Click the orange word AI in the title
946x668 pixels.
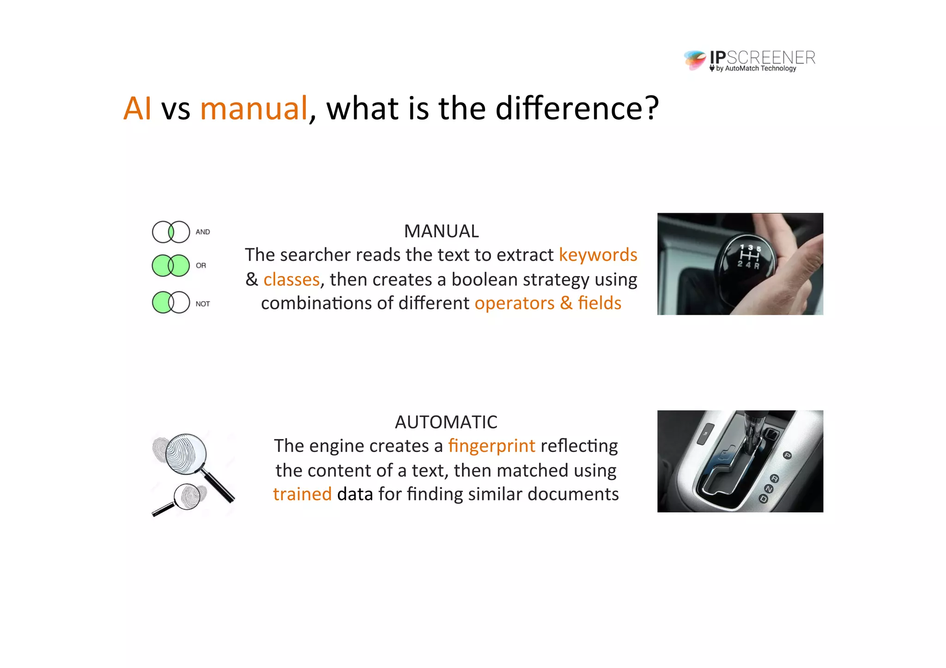(x=137, y=108)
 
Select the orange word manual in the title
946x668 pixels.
(x=254, y=108)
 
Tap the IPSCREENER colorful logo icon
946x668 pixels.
(x=695, y=60)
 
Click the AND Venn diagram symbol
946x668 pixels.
(x=171, y=232)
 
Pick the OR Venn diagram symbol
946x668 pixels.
(x=171, y=265)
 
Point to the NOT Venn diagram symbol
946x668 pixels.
(x=171, y=302)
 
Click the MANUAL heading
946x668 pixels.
(x=441, y=231)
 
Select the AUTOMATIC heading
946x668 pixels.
(x=446, y=422)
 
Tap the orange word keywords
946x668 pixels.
(x=598, y=255)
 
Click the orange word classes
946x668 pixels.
(x=291, y=280)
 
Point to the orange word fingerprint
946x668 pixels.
(x=491, y=446)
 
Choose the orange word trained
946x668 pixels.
(x=302, y=494)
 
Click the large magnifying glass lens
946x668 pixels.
(x=186, y=454)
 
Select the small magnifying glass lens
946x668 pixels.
(x=187, y=497)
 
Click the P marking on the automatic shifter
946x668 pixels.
(x=788, y=456)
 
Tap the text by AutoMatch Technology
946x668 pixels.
(x=756, y=69)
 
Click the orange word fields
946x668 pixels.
(x=599, y=303)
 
